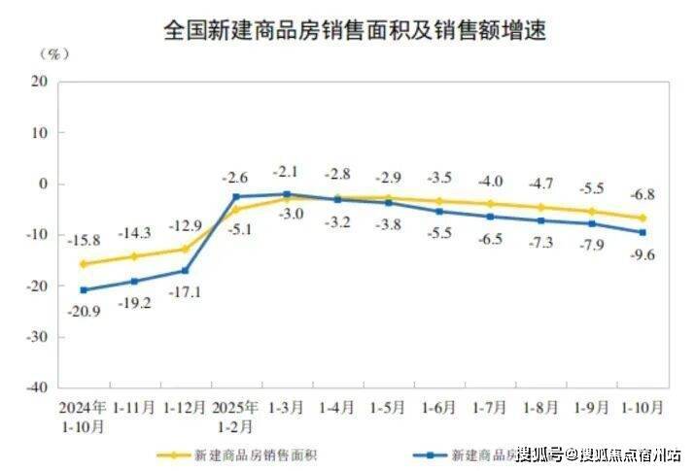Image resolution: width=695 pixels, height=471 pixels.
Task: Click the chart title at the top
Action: coord(356,31)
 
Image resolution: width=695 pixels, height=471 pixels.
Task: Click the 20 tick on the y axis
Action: coord(41,82)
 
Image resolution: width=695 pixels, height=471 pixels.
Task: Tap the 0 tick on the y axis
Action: coord(45,184)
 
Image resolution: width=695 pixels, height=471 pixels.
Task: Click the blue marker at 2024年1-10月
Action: coord(84,289)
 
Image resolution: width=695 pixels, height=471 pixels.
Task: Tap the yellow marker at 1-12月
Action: coord(185,249)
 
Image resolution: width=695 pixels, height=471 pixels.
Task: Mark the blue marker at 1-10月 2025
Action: coord(642,232)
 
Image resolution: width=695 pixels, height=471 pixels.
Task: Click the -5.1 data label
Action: coord(237,230)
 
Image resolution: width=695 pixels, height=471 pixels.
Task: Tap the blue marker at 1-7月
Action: coord(490,217)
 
